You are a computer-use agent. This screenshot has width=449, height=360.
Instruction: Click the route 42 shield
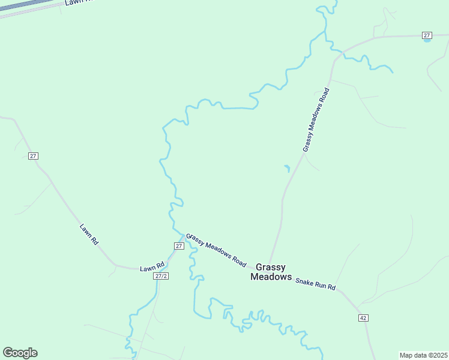coord(363,317)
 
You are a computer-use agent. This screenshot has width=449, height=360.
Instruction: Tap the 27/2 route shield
coord(160,276)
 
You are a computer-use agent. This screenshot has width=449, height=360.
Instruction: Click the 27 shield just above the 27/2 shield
coord(179,246)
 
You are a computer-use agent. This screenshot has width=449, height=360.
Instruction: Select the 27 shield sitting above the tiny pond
coord(427,35)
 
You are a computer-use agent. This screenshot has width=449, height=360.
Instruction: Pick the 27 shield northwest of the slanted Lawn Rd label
coord(33,156)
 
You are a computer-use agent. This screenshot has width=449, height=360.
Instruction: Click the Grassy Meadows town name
coord(271,272)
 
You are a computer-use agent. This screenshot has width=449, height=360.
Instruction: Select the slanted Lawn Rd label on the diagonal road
coord(89,234)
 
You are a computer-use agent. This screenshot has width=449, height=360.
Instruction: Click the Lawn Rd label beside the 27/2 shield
coord(152,268)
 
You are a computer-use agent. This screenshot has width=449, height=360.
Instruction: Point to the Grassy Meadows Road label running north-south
coord(316,119)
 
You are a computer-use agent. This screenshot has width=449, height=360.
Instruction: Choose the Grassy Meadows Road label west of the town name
coord(217,250)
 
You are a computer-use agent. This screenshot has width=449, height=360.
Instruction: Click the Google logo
coord(20,353)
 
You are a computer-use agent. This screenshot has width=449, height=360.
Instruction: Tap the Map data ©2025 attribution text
coord(423,355)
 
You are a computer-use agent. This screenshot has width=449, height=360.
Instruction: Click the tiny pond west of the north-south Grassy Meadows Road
coord(287,168)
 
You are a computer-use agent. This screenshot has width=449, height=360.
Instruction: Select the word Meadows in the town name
coord(271,277)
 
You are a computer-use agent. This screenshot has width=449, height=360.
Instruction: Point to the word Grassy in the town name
coord(271,266)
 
